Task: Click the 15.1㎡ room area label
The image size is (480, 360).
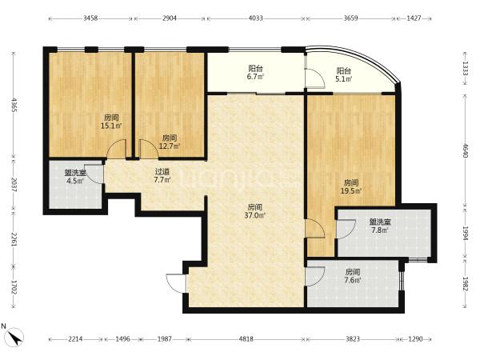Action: [x=111, y=126]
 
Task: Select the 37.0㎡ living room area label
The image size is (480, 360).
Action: [x=254, y=215]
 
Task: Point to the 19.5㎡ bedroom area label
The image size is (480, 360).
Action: [x=351, y=191]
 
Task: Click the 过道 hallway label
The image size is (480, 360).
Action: [x=162, y=172]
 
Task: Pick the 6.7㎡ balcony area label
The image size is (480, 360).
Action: [x=256, y=77]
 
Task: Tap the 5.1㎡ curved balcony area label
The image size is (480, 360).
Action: [x=343, y=79]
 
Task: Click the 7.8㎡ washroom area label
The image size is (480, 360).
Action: [x=379, y=230]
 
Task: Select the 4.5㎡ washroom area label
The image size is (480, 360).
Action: [x=75, y=181]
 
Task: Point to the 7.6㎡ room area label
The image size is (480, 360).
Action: [x=353, y=280]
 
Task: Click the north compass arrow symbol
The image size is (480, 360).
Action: [x=15, y=337]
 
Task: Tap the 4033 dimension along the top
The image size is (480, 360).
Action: [x=256, y=18]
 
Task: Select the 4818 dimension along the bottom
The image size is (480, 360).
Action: [x=246, y=339]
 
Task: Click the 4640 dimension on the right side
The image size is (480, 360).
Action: [x=466, y=150]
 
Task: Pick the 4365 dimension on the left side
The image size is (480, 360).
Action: [x=14, y=105]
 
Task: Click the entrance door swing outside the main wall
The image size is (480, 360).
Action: [x=176, y=284]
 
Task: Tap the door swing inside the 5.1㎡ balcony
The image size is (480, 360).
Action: [x=314, y=78]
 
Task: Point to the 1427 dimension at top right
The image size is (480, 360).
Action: [x=414, y=18]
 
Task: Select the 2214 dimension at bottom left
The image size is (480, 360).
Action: [x=75, y=339]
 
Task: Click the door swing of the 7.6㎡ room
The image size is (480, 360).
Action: [x=315, y=277]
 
